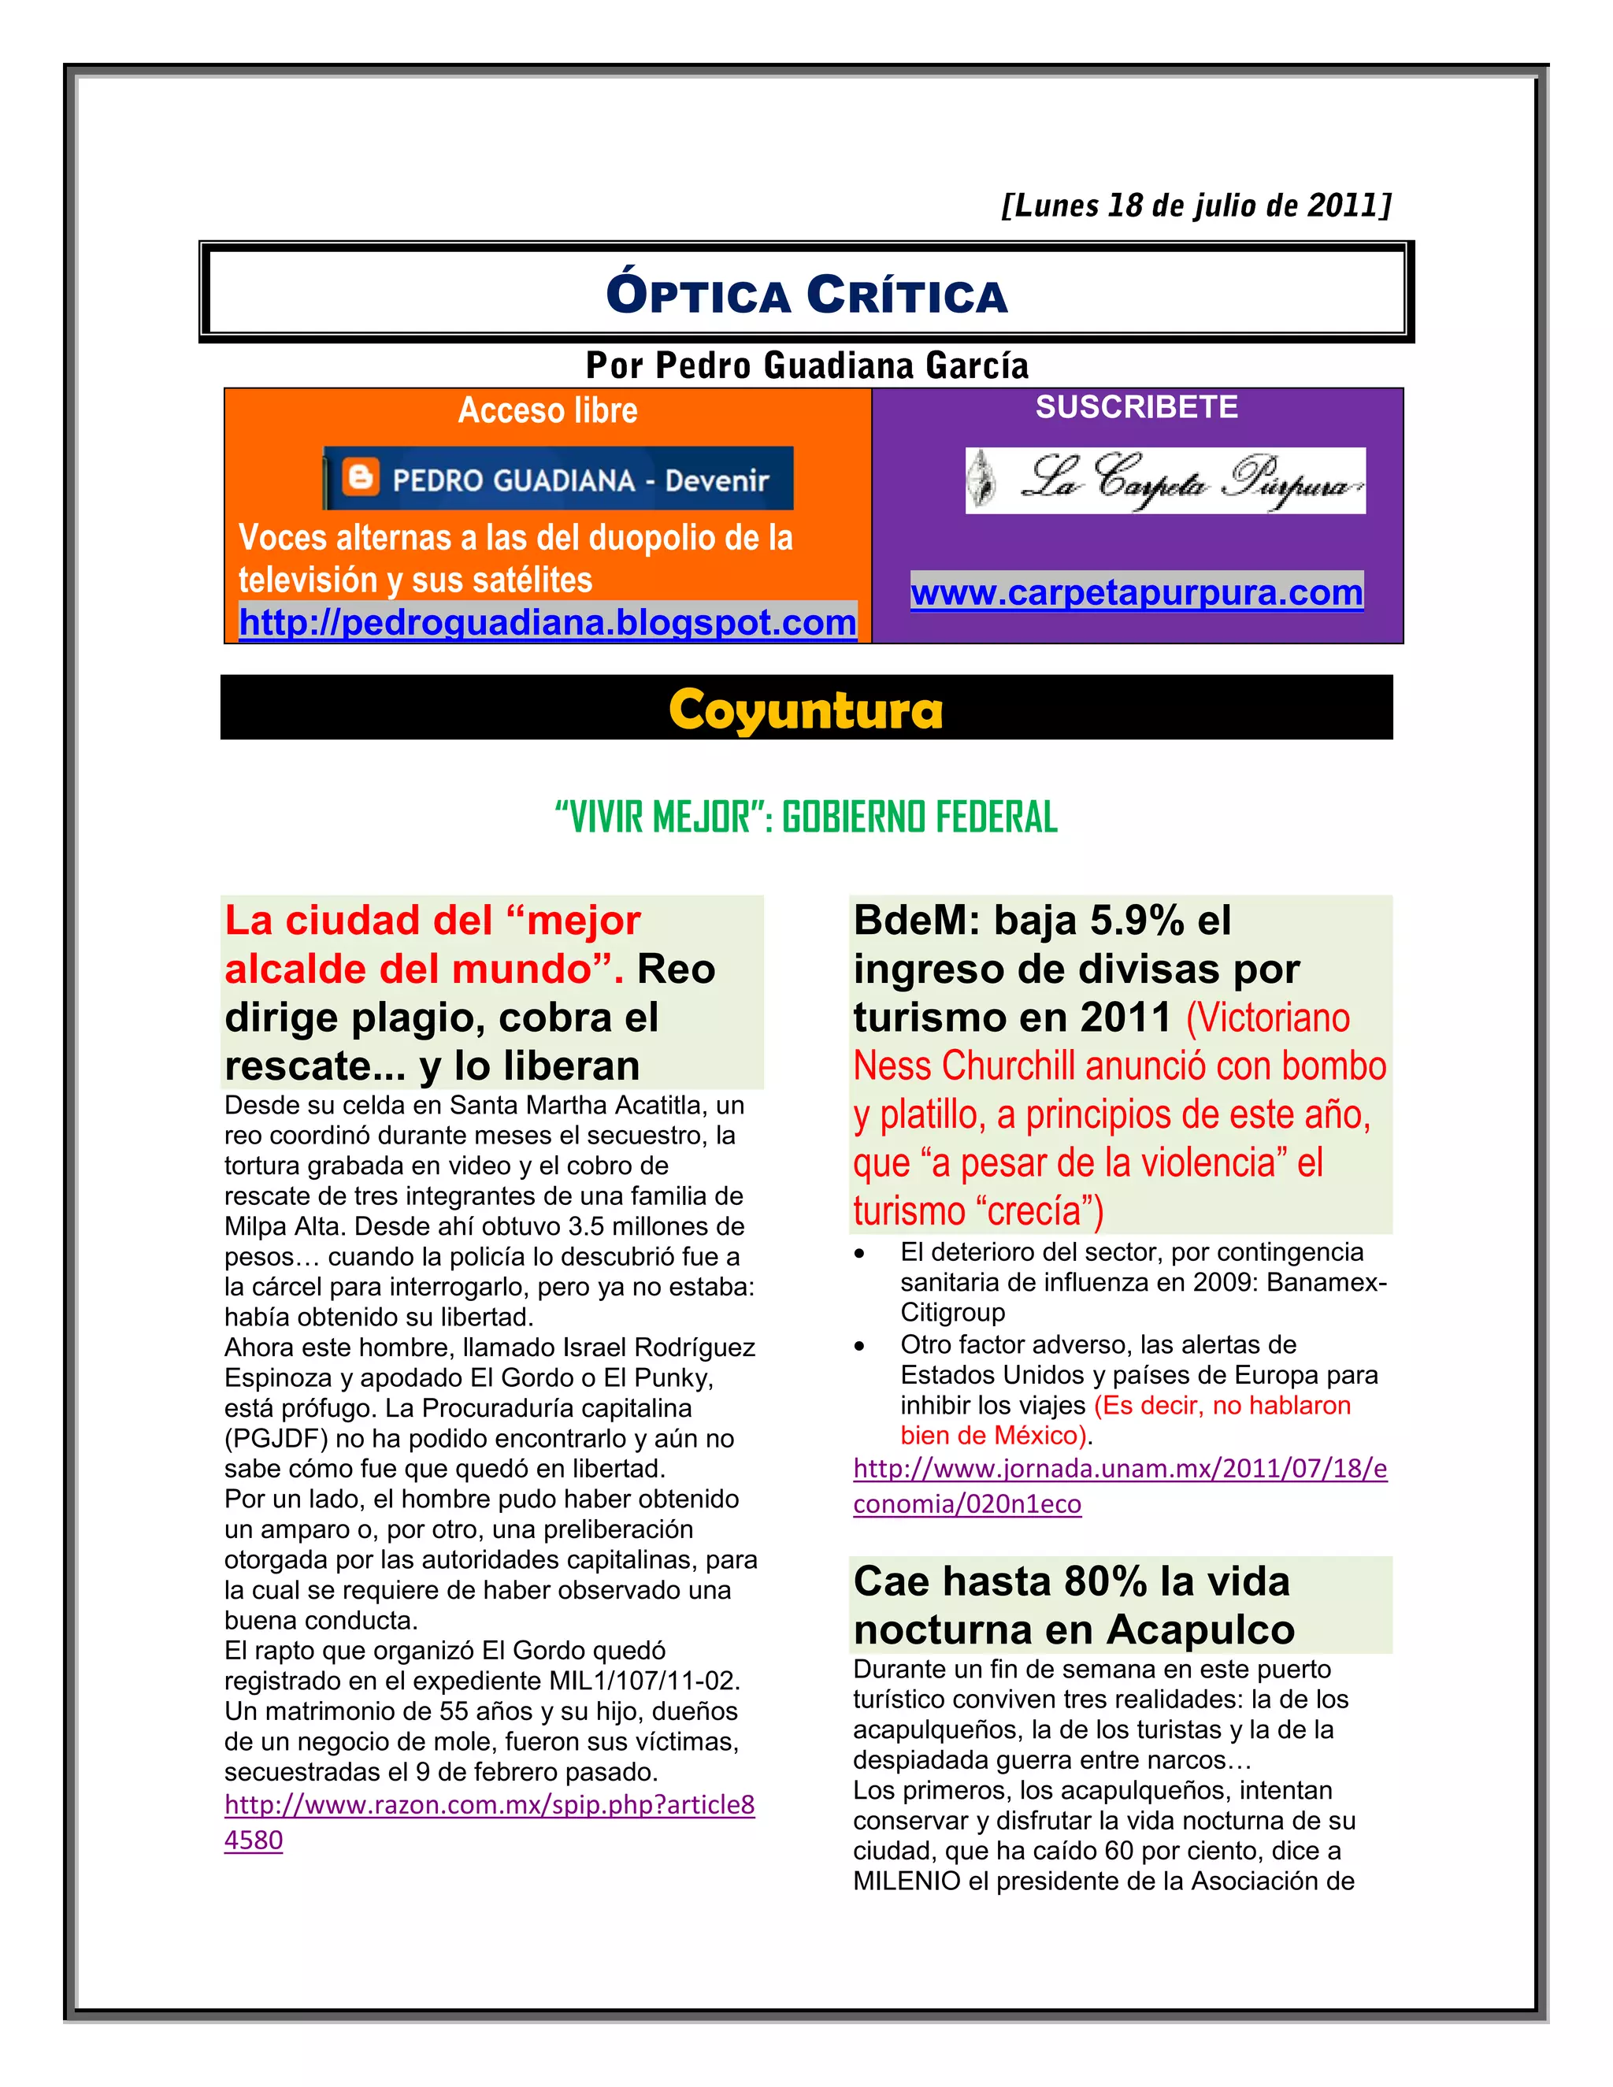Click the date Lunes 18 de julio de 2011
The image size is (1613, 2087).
[1196, 206]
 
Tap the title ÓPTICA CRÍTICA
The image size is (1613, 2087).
[806, 295]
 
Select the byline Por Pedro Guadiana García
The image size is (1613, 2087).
[806, 365]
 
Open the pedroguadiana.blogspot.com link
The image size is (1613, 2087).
[547, 622]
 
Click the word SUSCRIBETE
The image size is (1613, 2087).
[1137, 407]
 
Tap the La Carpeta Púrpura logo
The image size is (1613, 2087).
[1165, 480]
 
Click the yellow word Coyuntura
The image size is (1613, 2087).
[806, 710]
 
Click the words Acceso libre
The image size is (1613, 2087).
[547, 410]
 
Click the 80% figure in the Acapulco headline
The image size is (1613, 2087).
[1105, 1581]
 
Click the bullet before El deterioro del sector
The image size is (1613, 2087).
[860, 1254]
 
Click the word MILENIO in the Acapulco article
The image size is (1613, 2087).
[906, 1881]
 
